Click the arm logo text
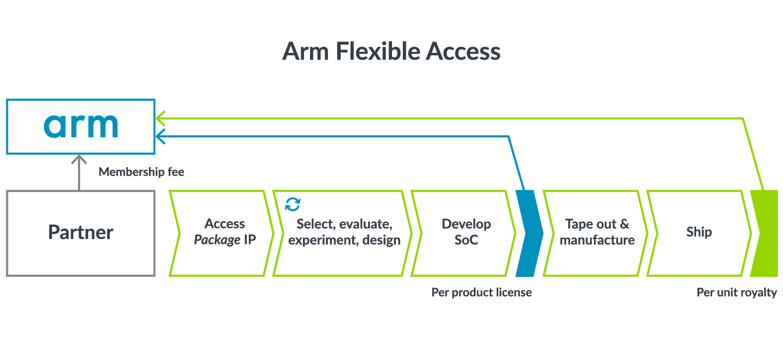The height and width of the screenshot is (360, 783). tap(81, 125)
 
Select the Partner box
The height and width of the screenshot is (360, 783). tap(80, 233)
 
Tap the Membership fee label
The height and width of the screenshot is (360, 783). tap(141, 172)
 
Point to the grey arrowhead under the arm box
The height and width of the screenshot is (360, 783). tap(79, 160)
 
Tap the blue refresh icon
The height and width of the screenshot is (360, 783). tap(293, 204)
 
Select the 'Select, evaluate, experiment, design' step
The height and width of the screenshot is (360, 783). tap(344, 233)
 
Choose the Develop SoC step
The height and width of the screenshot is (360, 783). tap(466, 233)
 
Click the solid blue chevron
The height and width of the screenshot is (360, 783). tap(528, 233)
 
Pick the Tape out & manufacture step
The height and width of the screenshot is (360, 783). tap(597, 233)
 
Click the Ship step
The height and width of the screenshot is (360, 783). tap(699, 233)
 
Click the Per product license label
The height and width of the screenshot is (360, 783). tap(481, 292)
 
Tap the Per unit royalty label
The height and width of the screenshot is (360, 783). tap(737, 292)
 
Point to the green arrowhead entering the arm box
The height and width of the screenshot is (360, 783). tap(160, 118)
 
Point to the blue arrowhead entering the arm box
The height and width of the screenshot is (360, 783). tap(160, 136)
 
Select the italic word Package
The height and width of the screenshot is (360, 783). tap(217, 240)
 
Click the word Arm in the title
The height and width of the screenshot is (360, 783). tap(306, 51)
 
